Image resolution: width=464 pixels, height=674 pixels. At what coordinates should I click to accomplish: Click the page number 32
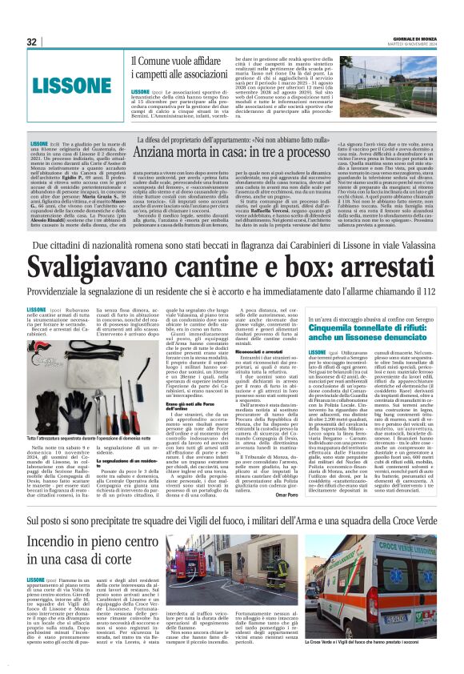click(32, 42)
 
